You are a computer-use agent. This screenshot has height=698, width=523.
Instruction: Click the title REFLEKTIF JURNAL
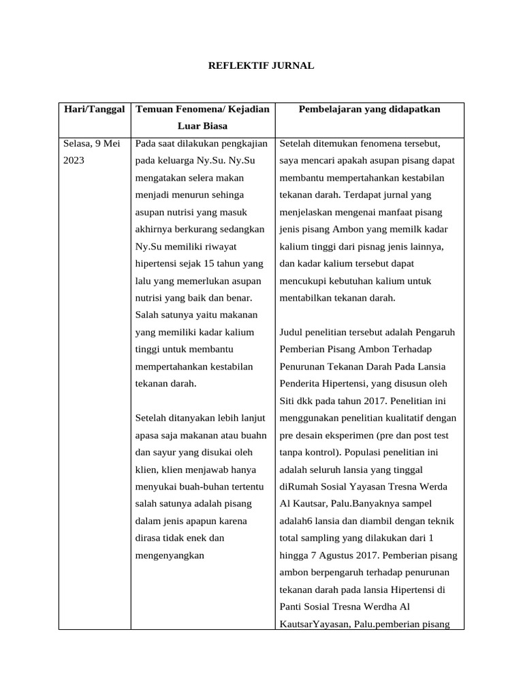pyautogui.click(x=261, y=66)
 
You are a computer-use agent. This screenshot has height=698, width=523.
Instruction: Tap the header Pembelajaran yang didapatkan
pyautogui.click(x=370, y=109)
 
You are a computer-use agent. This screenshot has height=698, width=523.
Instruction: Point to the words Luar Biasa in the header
pyautogui.click(x=202, y=126)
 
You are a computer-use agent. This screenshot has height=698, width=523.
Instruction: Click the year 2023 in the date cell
pyautogui.click(x=74, y=162)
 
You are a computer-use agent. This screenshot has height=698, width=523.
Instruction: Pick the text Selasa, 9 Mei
pyautogui.click(x=91, y=144)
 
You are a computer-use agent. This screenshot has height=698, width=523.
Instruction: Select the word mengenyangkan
pyautogui.click(x=170, y=556)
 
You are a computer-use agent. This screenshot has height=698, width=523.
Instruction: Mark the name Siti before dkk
pyautogui.click(x=289, y=401)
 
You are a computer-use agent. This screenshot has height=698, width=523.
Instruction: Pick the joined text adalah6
pyautogui.click(x=296, y=521)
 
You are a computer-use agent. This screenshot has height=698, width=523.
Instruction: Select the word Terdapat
pyautogui.click(x=364, y=195)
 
